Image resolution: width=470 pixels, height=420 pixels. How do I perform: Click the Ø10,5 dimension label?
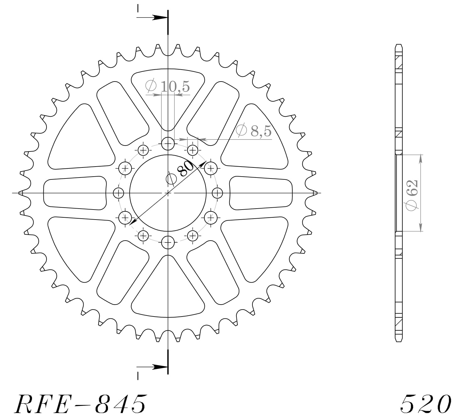tap(168, 86)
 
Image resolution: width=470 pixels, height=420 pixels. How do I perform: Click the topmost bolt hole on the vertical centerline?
tap(168, 144)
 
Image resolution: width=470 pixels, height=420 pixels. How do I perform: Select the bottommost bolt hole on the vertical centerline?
tap(168, 242)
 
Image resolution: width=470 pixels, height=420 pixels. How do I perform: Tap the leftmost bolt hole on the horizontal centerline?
tap(119, 193)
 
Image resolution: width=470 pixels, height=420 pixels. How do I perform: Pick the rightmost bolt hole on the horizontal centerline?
tap(217, 193)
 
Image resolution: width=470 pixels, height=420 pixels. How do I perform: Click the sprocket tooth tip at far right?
tap(316, 193)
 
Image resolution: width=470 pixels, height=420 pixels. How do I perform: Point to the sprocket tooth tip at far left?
tap(20, 193)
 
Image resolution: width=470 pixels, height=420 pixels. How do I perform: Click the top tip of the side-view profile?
tap(398, 45)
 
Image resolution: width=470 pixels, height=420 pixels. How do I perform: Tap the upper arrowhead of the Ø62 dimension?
tap(420, 158)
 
